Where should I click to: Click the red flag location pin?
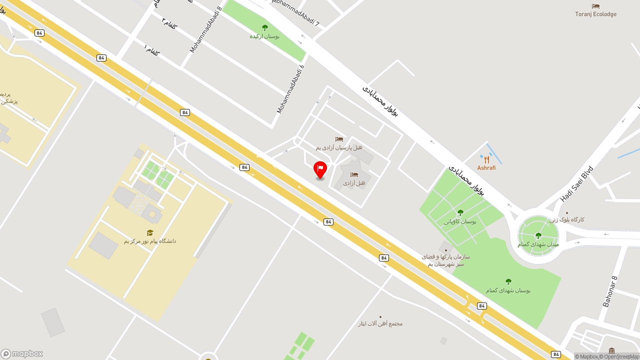tap(320, 169)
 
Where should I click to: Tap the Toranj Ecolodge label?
tap(595, 14)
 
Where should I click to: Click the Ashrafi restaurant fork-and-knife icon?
tap(486, 160)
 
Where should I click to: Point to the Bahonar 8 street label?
tap(610, 291)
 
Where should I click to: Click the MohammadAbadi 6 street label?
tap(290, 88)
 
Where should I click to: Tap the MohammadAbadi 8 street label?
tap(205, 29)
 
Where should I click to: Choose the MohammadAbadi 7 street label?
tap(295, 12)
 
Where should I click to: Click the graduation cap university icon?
tap(150, 232)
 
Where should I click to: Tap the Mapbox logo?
tap(22, 353)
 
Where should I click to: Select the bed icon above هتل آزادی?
tap(354, 174)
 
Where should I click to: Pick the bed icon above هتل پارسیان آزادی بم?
tap(339, 139)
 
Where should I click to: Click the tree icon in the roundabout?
tap(538, 235)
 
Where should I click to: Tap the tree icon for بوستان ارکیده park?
tap(264, 27)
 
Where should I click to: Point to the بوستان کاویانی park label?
tap(460, 221)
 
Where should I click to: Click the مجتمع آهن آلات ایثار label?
tap(380, 323)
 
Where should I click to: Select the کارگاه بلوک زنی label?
tap(567, 219)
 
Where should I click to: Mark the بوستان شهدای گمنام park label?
tap(508, 290)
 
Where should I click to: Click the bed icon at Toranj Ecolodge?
tap(595, 6)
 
